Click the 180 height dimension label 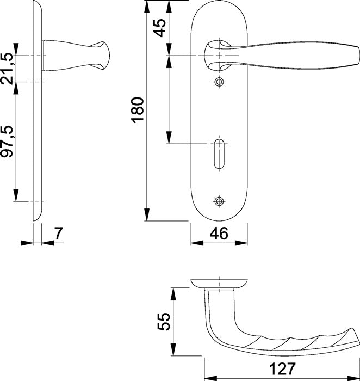138,110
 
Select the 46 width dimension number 219,233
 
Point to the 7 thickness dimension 59,233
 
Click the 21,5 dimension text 7,69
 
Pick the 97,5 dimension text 7,142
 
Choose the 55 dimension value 164,322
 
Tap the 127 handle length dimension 282,368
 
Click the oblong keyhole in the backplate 219,154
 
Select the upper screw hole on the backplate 219,82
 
